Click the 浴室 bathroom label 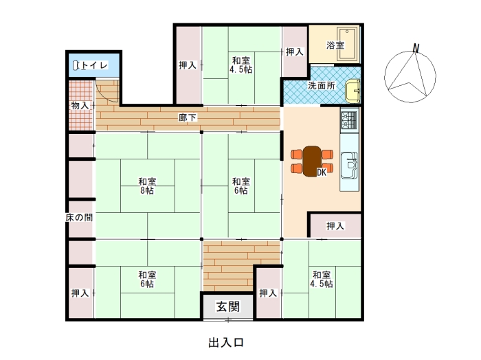[x=335, y=45]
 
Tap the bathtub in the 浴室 [x=347, y=44]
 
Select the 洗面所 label [x=322, y=86]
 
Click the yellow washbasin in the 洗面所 [x=353, y=91]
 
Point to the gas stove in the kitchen [x=349, y=120]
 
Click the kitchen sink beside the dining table [x=349, y=165]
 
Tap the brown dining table [x=312, y=161]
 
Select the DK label [x=322, y=172]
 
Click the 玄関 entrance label [x=228, y=306]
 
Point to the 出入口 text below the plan [x=226, y=343]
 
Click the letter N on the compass [x=416, y=48]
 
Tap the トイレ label [x=95, y=65]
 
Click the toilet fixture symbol [x=76, y=65]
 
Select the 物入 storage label [x=80, y=106]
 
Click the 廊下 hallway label [x=188, y=117]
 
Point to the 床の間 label [x=79, y=217]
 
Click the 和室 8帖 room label [x=147, y=185]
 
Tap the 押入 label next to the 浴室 [x=295, y=52]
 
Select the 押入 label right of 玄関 [x=268, y=293]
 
